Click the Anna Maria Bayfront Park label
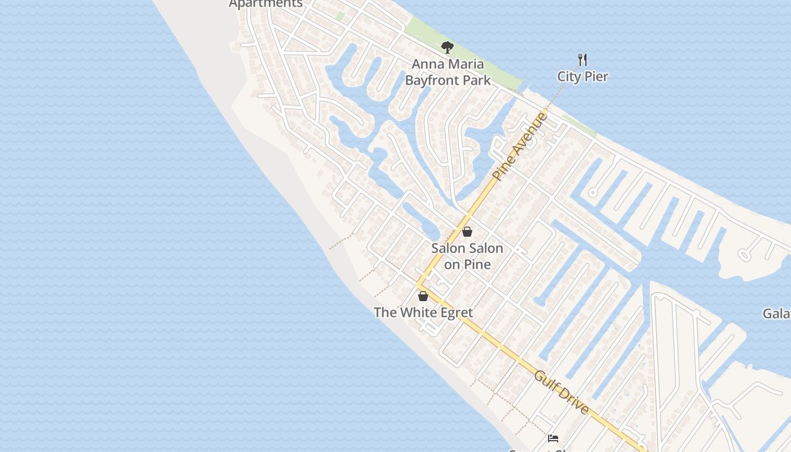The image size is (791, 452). pos(447,72)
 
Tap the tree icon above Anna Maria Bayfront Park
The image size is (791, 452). pos(447,47)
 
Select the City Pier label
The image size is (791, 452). pos(583,77)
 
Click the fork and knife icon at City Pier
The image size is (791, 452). pos(583,59)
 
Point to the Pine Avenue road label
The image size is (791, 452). pos(520,147)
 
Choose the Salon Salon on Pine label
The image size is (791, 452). pos(467,256)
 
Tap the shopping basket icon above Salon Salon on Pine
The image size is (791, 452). pos(467,232)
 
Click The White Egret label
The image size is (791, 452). pos(423,312)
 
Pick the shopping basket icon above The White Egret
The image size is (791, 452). pos(423,296)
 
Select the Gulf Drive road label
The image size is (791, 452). pos(562,393)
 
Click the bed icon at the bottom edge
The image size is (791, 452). pos(553,438)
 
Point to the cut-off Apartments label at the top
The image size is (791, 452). pos(266,4)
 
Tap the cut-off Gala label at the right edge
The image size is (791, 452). pos(776,314)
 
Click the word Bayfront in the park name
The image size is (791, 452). pos(433,80)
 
